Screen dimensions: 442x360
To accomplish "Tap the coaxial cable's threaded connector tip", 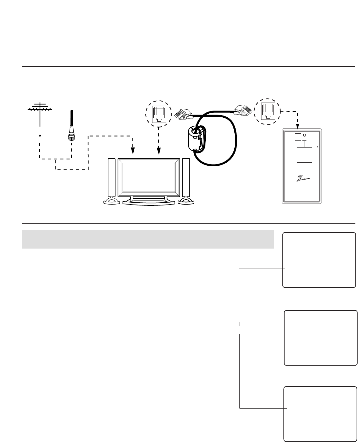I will click(71, 137).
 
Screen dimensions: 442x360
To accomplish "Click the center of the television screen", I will click(149, 177).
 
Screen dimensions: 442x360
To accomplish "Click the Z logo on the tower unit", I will click(302, 179).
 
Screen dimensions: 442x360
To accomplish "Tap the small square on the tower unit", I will click(298, 137).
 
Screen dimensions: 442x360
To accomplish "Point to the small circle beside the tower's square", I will click(304, 135).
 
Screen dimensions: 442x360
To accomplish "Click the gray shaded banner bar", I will click(148, 239).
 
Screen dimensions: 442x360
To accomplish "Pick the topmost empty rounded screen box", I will click(319, 260).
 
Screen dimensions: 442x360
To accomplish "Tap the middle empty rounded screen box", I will click(320, 338).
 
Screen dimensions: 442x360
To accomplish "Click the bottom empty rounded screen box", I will click(320, 414).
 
